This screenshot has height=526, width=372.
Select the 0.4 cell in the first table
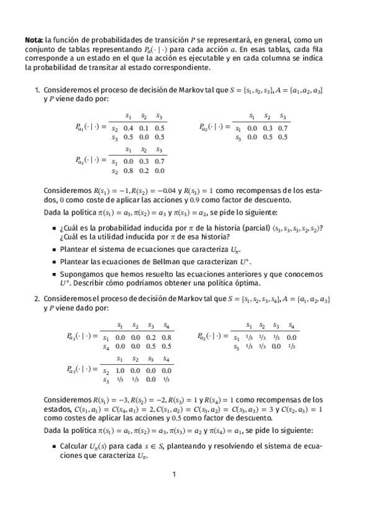[x=127, y=128]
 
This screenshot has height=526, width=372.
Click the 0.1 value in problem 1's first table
[x=143, y=128]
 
